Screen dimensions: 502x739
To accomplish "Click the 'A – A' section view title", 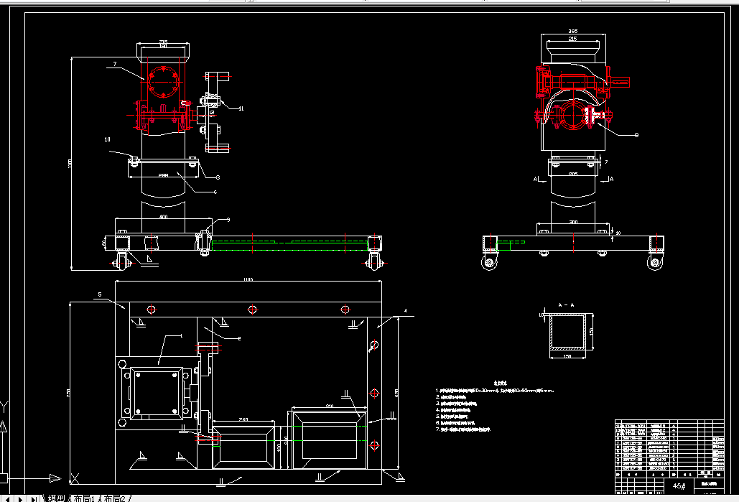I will coord(566,305).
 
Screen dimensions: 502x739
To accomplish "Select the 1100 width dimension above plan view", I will coord(248,279).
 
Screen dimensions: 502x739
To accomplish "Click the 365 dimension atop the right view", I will coord(572,32).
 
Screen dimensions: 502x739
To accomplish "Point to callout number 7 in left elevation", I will coord(114,65).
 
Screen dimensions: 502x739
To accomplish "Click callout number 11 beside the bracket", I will coord(241,108).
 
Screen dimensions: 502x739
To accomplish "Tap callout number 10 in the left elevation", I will coord(108,139).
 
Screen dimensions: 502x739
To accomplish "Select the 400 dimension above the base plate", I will coord(163,216).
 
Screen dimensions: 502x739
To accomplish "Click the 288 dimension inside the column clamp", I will coord(163,175).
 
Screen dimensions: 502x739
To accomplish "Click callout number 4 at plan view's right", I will coord(405,310).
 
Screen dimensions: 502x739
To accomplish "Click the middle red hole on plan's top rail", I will coord(252,310).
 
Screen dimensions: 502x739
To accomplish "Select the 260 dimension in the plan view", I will coord(243,419).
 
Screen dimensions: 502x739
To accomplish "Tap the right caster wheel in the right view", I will coord(655,263).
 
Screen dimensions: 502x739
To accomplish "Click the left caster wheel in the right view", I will coord(490,263).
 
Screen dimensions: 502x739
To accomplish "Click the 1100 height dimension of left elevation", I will coord(70,164).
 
